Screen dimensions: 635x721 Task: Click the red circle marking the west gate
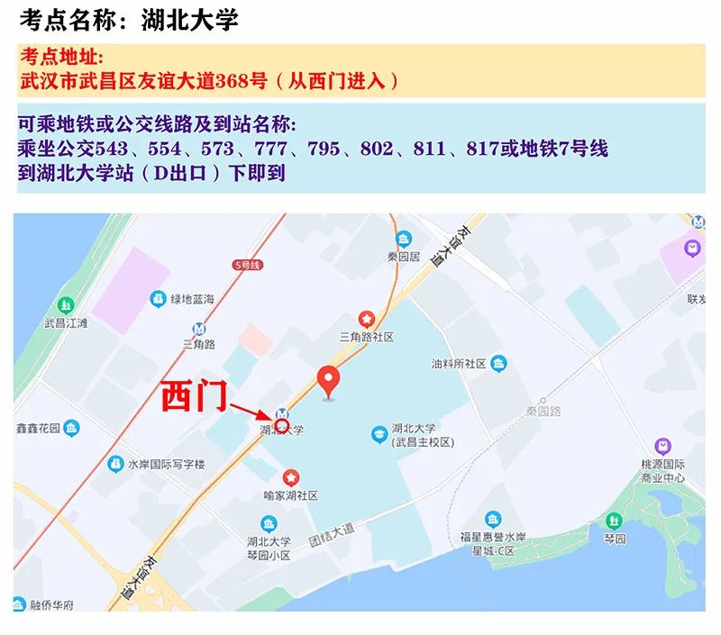pos(281,425)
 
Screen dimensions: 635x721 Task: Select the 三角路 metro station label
pos(198,343)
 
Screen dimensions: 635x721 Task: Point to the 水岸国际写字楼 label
pos(166,465)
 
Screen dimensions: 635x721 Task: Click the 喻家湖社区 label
pos(290,495)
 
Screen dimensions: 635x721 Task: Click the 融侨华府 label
pos(50,604)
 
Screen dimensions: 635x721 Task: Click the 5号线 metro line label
pos(246,265)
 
